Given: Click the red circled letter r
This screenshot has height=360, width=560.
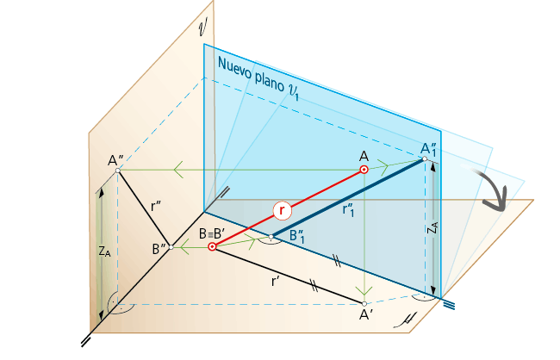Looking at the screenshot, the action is click(282, 210).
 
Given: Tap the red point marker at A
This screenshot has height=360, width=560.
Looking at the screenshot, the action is click(364, 170).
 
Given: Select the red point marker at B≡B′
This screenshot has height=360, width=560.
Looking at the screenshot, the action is click(212, 246).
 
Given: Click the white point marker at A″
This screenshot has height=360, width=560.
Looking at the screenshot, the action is click(118, 171).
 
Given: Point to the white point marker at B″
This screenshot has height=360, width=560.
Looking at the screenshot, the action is click(171, 247).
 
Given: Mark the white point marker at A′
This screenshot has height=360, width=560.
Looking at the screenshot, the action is click(364, 304).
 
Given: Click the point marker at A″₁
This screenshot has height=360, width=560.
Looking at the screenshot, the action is click(425, 158).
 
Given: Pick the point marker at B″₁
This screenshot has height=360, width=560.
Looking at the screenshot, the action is click(271, 237).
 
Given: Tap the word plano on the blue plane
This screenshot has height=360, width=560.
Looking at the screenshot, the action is click(270, 83).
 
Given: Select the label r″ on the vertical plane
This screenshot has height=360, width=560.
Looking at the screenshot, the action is click(156, 206).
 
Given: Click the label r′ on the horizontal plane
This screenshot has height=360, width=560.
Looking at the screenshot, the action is click(275, 282).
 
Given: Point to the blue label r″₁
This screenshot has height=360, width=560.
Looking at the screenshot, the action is click(348, 210).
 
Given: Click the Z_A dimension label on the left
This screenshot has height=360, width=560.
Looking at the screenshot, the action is click(104, 251).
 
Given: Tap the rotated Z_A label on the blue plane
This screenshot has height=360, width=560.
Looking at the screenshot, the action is click(432, 227).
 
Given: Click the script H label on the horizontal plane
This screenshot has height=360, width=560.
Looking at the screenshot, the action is click(407, 320).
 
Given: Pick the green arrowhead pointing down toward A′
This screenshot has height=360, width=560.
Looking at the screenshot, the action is click(364, 290).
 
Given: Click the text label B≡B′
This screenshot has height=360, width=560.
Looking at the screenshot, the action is click(212, 234).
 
